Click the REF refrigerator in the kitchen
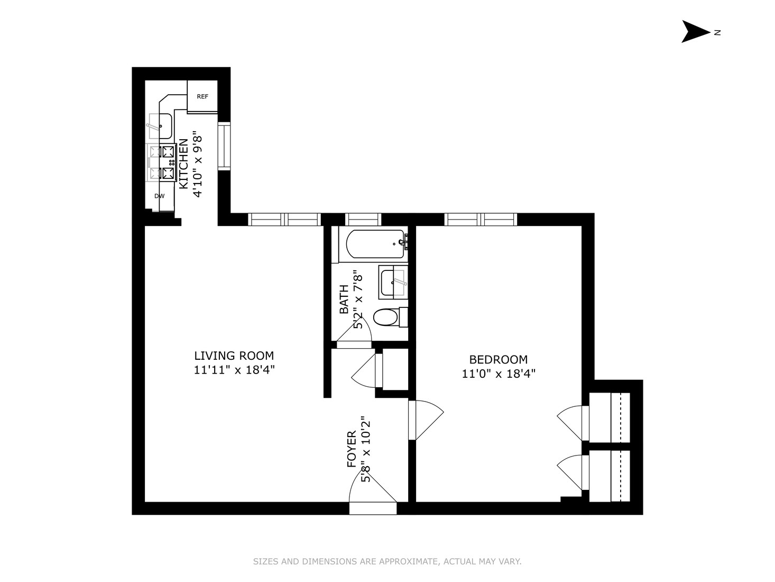(x=202, y=96)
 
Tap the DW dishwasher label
(x=159, y=196)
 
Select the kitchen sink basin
(x=161, y=126)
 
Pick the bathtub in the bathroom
(x=375, y=244)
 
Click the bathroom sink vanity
(x=393, y=282)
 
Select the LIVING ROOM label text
(x=234, y=356)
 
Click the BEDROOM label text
(x=498, y=359)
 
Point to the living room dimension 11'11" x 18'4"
(x=234, y=370)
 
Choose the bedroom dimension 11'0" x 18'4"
(x=499, y=374)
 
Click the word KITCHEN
(x=183, y=163)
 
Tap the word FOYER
(x=352, y=449)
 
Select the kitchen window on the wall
(x=224, y=146)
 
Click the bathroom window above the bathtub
(x=363, y=220)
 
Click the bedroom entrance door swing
(x=426, y=420)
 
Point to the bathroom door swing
(x=354, y=331)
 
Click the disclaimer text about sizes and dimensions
(x=387, y=561)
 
